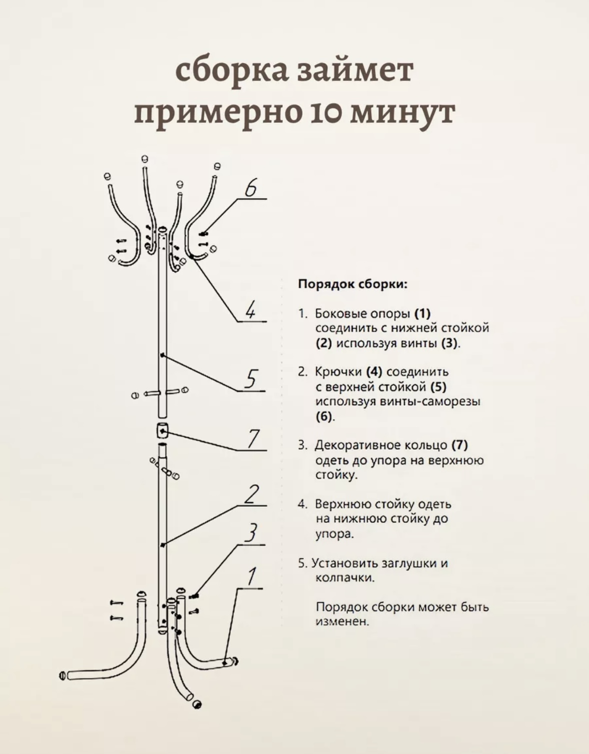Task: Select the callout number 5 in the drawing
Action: pyautogui.click(x=251, y=379)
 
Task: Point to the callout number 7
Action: pyautogui.click(x=253, y=439)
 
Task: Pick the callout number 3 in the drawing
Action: pyautogui.click(x=252, y=532)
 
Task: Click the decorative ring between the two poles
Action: pyautogui.click(x=162, y=430)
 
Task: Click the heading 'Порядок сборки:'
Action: pyautogui.click(x=353, y=284)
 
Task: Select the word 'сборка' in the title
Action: pyautogui.click(x=231, y=70)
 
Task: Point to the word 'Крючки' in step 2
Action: pyautogui.click(x=338, y=372)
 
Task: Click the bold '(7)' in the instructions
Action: pyautogui.click(x=459, y=445)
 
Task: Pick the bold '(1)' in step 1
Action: pyautogui.click(x=422, y=314)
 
